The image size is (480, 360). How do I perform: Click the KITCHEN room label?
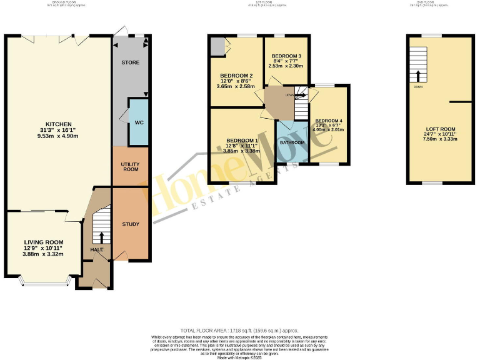(58, 124)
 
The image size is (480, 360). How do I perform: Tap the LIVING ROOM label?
(43, 241)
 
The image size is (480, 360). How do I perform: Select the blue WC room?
(138, 122)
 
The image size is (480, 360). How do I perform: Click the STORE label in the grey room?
(130, 63)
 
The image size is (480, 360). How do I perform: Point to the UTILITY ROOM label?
(130, 167)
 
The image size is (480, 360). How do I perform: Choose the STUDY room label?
(131, 224)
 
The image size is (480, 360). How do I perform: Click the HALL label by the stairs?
(97, 250)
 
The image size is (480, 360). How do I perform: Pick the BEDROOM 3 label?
(286, 56)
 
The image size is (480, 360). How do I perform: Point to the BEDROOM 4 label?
(329, 121)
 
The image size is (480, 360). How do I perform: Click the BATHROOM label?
(292, 142)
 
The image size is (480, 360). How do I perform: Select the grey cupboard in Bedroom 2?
(217, 46)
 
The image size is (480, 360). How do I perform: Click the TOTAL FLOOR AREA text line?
(239, 330)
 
